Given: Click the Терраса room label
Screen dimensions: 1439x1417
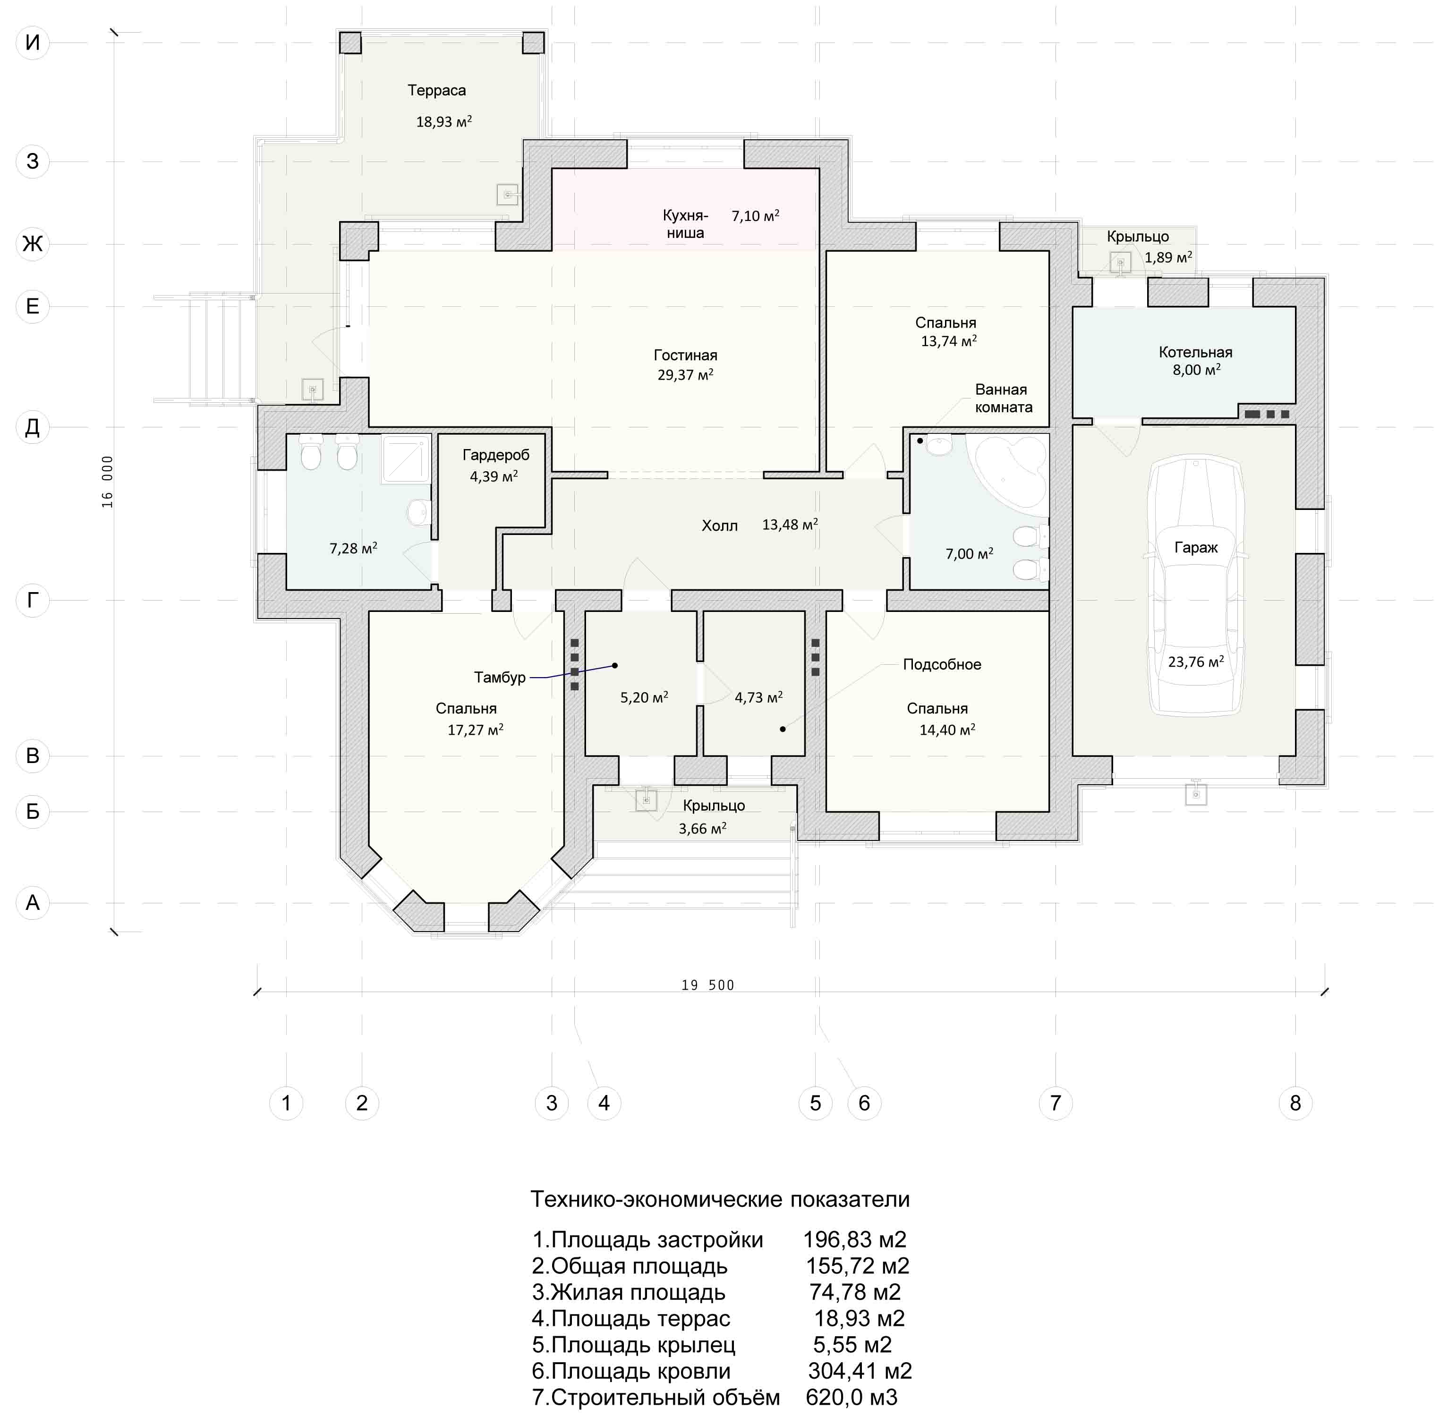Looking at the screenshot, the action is point(436,91).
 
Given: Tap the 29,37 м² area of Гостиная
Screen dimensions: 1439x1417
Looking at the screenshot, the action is point(685,374).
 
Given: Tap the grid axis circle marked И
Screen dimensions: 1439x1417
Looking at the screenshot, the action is point(33,42).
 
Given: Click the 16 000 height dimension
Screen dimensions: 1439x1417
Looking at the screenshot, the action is point(108,482).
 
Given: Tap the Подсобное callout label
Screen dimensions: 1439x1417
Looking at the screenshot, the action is point(942,665).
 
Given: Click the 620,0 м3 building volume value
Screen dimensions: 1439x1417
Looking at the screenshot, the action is point(851,1397).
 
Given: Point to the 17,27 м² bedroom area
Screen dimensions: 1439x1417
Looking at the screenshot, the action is point(475,730).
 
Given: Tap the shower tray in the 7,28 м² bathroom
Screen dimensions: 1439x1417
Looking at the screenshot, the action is point(406,458).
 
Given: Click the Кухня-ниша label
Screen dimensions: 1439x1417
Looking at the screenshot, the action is point(685,224).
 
